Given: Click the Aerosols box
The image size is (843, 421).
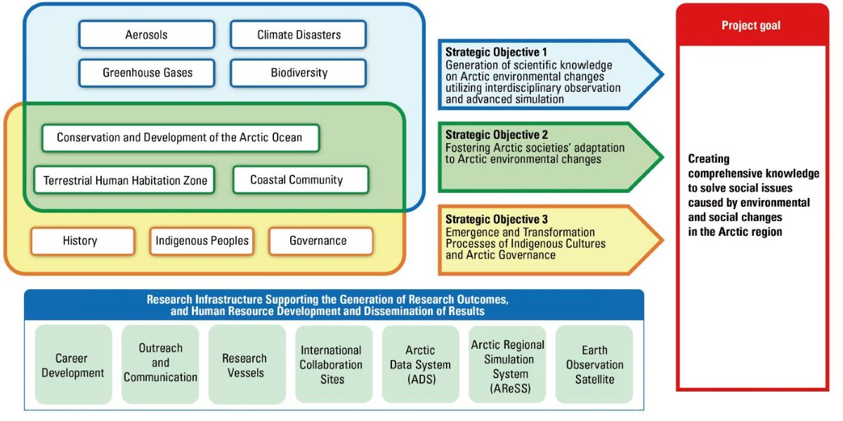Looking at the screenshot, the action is coord(147,34).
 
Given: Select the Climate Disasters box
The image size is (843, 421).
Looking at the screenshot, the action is coord(299,34).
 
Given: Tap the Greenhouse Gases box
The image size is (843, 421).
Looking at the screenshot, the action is coord(147,73).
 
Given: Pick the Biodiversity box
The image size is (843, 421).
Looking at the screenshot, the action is coord(299,73).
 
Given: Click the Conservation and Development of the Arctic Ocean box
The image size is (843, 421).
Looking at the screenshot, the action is coord(181,138).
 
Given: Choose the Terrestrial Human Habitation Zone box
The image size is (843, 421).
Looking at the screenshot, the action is coord(124,180).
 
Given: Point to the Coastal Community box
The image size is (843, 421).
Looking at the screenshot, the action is coord(301,180).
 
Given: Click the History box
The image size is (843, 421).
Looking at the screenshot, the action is coord(83,241).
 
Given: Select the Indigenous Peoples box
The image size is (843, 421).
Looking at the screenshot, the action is coord(202,241).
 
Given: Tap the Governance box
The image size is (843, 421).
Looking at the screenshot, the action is coord(321,241).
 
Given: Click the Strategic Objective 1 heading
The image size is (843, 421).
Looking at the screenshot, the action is coord(496,52).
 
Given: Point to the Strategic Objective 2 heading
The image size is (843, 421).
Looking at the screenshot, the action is coord(497,135).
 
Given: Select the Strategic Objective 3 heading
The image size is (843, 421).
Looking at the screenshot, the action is coord(497,219).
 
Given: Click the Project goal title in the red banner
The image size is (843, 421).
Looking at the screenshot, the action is coord(751,25).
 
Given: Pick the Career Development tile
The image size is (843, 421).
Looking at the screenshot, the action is coord(73,365).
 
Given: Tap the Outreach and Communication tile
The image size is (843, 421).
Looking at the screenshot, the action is coord(160,365).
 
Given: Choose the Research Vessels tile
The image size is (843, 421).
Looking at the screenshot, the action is coord(247,365).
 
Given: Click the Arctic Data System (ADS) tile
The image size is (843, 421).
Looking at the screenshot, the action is coord(420,365).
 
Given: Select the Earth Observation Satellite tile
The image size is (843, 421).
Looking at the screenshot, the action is coord(594,365).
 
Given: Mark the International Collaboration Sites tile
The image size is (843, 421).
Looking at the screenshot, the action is coord(334,365).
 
